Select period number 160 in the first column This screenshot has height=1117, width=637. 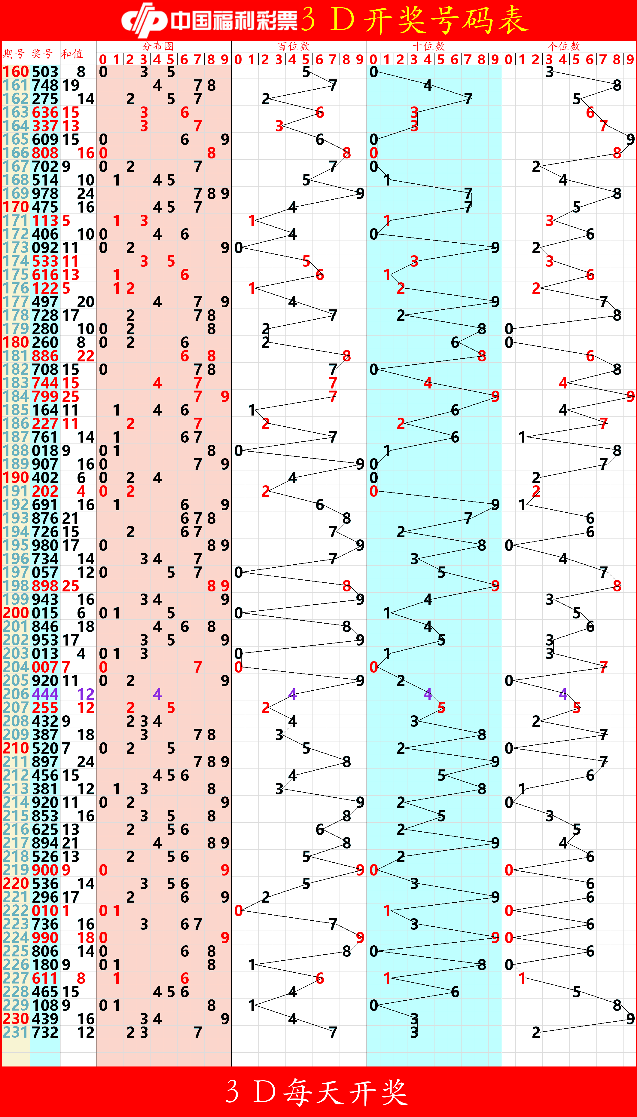[16, 72]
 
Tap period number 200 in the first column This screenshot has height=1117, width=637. [16, 613]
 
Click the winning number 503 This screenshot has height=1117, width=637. [45, 72]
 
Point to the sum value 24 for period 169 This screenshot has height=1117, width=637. [86, 193]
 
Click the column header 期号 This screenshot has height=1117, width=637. [14, 54]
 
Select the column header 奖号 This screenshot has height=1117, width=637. [42, 54]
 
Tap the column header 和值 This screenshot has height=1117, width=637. [72, 54]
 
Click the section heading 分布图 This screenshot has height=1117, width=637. [158, 46]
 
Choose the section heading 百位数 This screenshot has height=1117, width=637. [294, 46]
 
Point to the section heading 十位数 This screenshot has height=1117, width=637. [429, 46]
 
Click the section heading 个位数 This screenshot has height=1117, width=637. [564, 46]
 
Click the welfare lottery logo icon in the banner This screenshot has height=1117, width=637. [144, 20]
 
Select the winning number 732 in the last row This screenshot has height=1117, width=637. [45, 1032]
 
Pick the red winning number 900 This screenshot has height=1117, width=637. [45, 870]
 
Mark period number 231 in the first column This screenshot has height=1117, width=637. [16, 1032]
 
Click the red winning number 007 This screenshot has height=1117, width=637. [45, 667]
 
